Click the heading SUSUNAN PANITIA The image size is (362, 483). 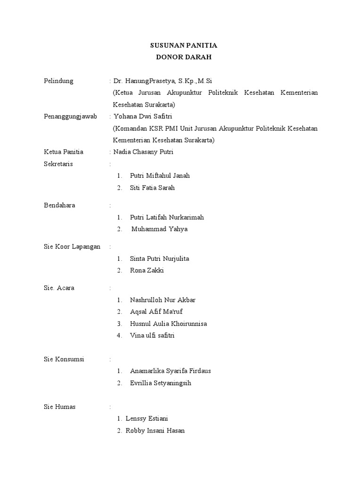coord(183,46)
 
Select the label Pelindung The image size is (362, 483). coord(58,81)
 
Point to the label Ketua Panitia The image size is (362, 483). coord(64,152)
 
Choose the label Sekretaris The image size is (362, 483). coord(58,164)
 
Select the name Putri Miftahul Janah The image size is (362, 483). coord(160,175)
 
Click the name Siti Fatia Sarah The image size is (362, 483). coord(152,188)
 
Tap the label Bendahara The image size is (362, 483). coord(59,205)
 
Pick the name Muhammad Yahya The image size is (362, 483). coord(159,229)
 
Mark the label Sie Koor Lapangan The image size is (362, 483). coord(72,247)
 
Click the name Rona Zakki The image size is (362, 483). coord(147,270)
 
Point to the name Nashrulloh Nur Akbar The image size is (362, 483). coord(163,300)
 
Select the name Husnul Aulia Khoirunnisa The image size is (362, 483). coord(168,324)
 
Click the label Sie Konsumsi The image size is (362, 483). coord(64,359)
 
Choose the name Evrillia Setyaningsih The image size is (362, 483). coord(161,383)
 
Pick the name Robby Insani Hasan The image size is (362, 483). coord(155,430)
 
